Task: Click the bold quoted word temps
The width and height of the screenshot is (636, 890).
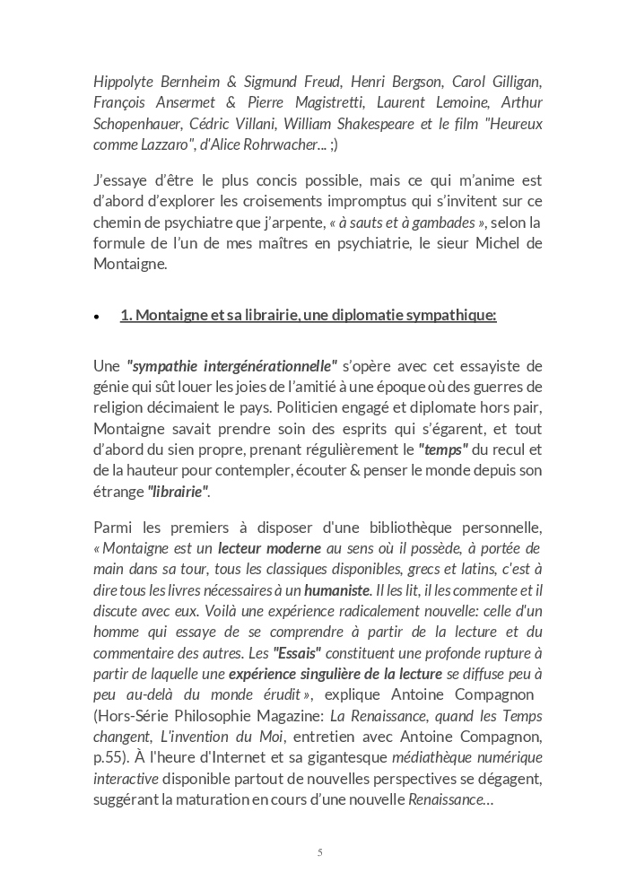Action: tap(444, 449)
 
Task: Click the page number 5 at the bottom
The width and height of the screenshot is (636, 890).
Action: tap(319, 852)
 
